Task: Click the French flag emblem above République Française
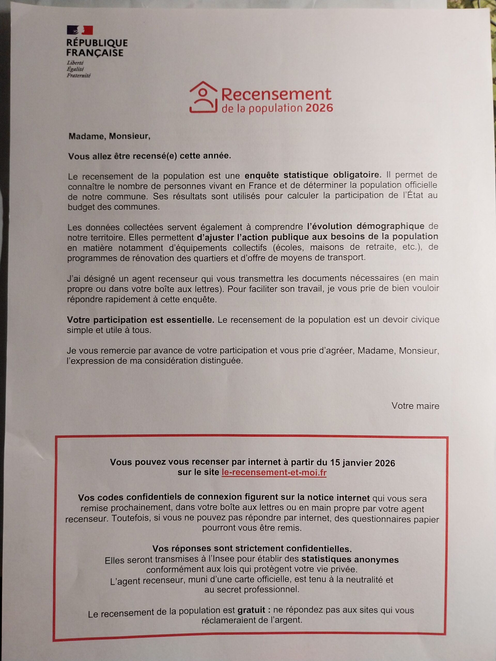(x=80, y=30)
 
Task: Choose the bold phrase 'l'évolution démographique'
(x=366, y=226)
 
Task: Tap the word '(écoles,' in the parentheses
(x=288, y=247)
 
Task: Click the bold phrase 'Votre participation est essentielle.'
(x=141, y=320)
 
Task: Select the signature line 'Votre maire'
(x=415, y=406)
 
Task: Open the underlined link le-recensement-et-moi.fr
(x=274, y=473)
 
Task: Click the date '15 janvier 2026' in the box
(x=362, y=463)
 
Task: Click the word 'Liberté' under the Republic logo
(x=75, y=63)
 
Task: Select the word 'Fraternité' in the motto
(x=79, y=76)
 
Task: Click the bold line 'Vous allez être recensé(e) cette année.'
(x=150, y=156)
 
